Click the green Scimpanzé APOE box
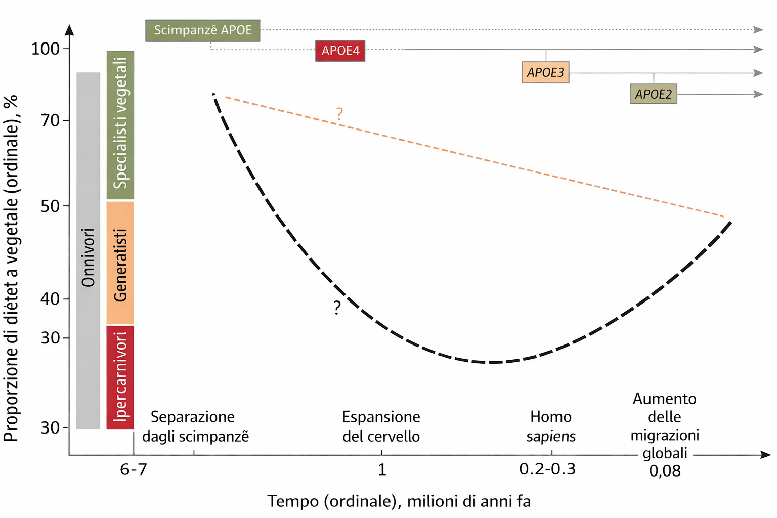pyautogui.click(x=202, y=30)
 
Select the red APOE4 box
pyautogui.click(x=340, y=51)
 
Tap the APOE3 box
pyautogui.click(x=545, y=72)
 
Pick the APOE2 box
pyautogui.click(x=654, y=94)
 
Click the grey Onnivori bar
pyautogui.click(x=88, y=250)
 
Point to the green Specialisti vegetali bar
pyautogui.click(x=120, y=125)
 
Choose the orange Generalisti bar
pyautogui.click(x=120, y=263)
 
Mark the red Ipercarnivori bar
pyautogui.click(x=120, y=377)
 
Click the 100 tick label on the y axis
pyautogui.click(x=46, y=49)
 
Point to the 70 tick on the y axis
pyautogui.click(x=51, y=120)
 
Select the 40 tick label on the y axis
pyautogui.click(x=51, y=298)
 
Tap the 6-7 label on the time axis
pyautogui.click(x=134, y=469)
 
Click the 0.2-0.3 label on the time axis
pyautogui.click(x=547, y=469)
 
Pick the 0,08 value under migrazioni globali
pyautogui.click(x=665, y=471)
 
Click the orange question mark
pyautogui.click(x=339, y=114)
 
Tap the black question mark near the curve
pyautogui.click(x=337, y=308)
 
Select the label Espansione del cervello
pyautogui.click(x=381, y=426)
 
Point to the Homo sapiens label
pyautogui.click(x=551, y=426)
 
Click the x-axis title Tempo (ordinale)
pyautogui.click(x=399, y=501)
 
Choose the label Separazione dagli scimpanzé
pyautogui.click(x=195, y=426)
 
